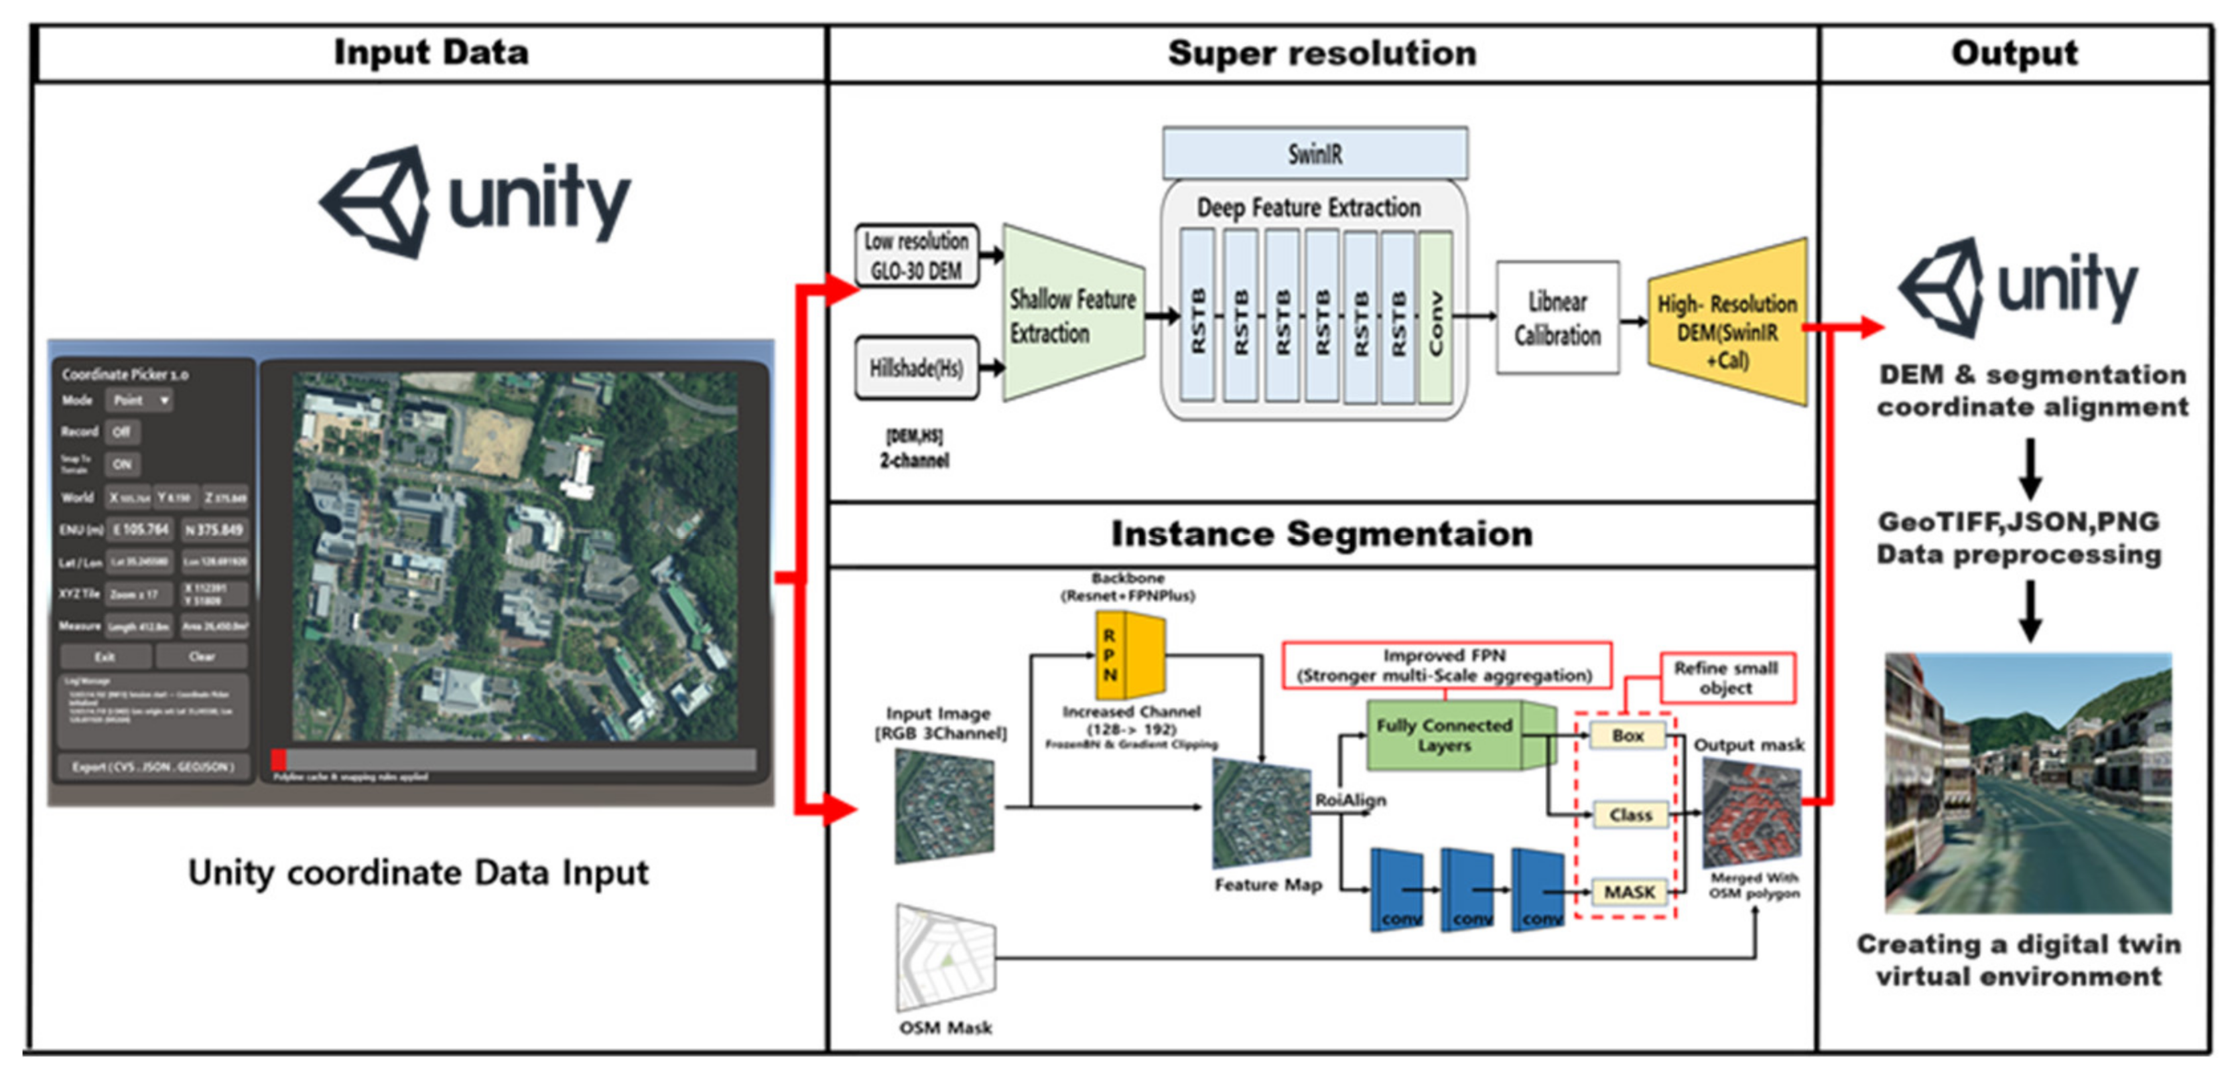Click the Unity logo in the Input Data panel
474,201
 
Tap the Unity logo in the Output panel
2018,287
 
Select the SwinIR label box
1314,155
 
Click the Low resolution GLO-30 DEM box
916,255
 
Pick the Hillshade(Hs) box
916,368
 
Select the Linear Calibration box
1557,318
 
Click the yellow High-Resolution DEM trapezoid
1727,323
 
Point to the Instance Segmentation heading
1321,534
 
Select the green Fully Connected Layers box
1445,735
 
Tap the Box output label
1628,735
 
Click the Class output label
1630,815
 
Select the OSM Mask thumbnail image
945,958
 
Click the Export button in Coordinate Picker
153,767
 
